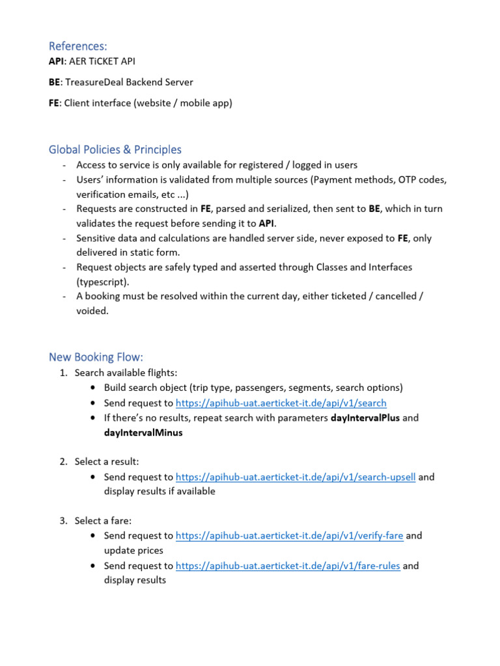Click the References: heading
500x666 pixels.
[x=77, y=46]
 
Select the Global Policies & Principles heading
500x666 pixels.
[x=115, y=150]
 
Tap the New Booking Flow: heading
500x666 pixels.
[x=96, y=357]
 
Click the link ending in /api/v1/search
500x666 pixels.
[x=281, y=403]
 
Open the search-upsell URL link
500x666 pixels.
[x=296, y=477]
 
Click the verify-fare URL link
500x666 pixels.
[x=290, y=536]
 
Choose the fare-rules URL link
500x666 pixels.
[x=288, y=566]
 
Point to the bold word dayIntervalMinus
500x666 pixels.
[x=143, y=433]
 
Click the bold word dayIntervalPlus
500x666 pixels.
[x=365, y=418]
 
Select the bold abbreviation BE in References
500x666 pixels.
[x=55, y=82]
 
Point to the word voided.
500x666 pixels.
[x=92, y=311]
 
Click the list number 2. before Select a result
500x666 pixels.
[x=63, y=462]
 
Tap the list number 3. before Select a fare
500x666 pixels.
[x=63, y=521]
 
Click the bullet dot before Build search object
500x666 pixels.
[x=95, y=388]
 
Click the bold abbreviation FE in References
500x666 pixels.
[x=54, y=103]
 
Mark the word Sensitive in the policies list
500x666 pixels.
[x=97, y=238]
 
